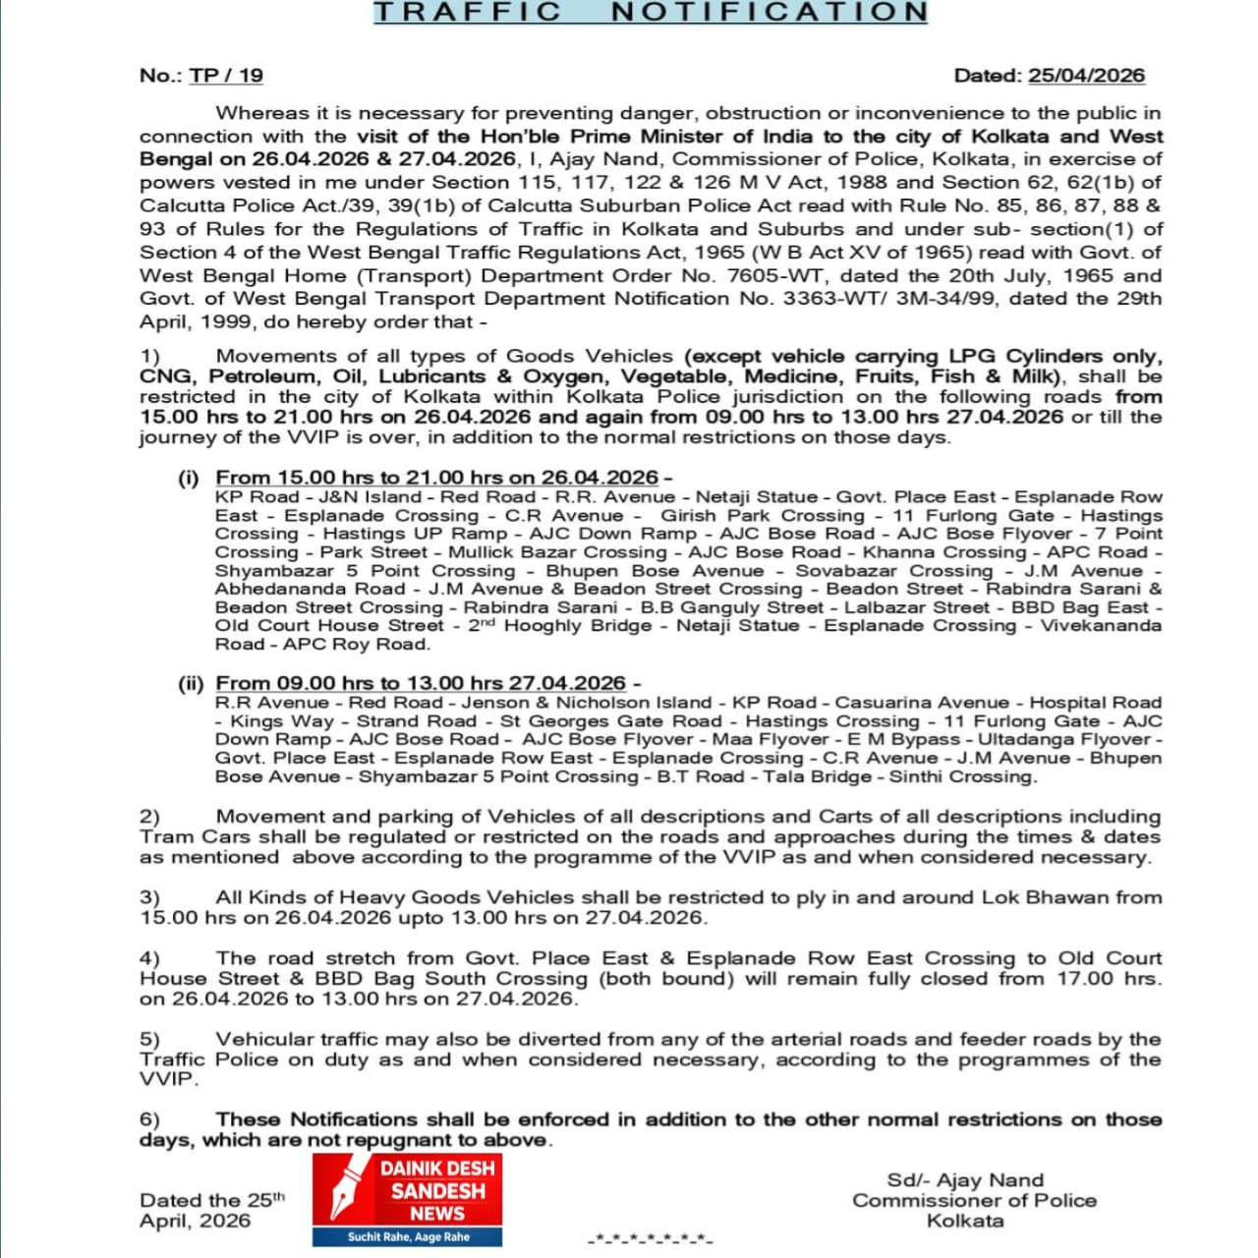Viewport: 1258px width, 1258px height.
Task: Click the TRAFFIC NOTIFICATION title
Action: click(651, 13)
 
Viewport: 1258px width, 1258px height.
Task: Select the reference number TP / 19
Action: click(226, 76)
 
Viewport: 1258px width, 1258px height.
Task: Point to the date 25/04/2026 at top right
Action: click(1086, 76)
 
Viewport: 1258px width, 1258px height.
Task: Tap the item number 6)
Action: click(149, 1119)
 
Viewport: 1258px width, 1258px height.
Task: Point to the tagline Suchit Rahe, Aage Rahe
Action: click(408, 1237)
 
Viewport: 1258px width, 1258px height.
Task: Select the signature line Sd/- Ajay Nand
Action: click(965, 1180)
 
